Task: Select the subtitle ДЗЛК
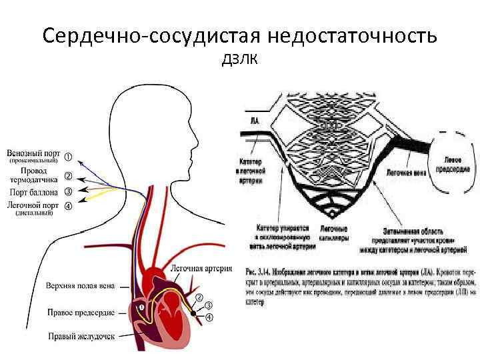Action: pyautogui.click(x=240, y=61)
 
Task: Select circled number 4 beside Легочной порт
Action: pyautogui.click(x=68, y=205)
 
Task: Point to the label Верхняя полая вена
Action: pyautogui.click(x=80, y=286)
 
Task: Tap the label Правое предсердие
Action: pyautogui.click(x=81, y=312)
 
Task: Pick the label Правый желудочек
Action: pyautogui.click(x=82, y=337)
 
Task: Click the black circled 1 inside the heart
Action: pyautogui.click(x=141, y=307)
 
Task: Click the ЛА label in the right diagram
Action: pyautogui.click(x=255, y=121)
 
